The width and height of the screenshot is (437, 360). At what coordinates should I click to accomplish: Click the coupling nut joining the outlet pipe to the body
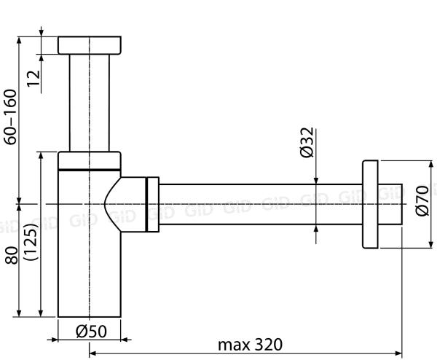[x=151, y=204]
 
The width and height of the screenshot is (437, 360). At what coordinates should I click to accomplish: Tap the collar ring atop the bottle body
[x=89, y=160]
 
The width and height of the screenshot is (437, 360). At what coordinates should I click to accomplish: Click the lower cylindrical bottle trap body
[x=84, y=277]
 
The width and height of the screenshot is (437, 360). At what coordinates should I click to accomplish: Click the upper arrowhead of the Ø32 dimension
[x=317, y=180]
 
